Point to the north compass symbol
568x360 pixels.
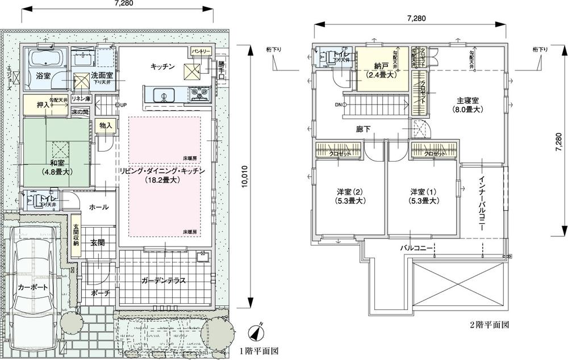tap(258, 329)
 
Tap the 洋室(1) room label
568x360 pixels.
tap(423, 196)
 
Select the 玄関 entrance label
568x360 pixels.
tap(97, 242)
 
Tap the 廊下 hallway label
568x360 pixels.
tap(362, 129)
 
